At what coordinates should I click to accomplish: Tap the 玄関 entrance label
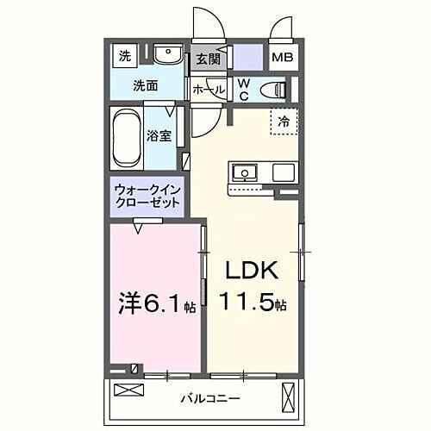pyautogui.click(x=206, y=59)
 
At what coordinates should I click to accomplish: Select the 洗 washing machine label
pyautogui.click(x=125, y=57)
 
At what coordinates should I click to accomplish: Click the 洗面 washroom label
pyautogui.click(x=145, y=85)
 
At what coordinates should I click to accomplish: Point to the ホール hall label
pyautogui.click(x=209, y=90)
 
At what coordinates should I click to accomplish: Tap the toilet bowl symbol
pyautogui.click(x=275, y=89)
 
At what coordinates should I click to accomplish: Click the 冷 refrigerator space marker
pyautogui.click(x=283, y=122)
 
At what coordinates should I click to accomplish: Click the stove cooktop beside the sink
pyautogui.click(x=283, y=172)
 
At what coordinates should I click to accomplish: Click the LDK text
pyautogui.click(x=252, y=272)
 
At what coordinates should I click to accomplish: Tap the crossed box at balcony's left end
pyautogui.click(x=127, y=390)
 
